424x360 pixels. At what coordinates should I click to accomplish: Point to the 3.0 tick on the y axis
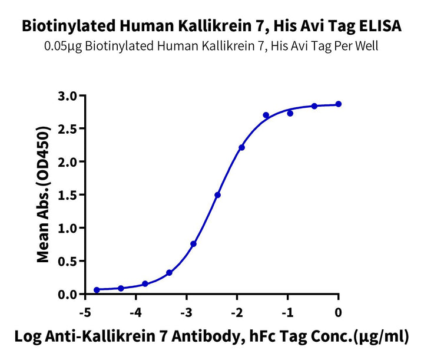[x=69, y=95]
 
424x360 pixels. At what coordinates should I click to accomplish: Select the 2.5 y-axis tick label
[x=69, y=128]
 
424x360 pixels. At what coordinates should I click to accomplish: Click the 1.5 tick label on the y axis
[x=69, y=194]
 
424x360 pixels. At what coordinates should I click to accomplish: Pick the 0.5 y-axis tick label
[x=69, y=261]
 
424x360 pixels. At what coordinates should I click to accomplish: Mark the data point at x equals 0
[x=339, y=104]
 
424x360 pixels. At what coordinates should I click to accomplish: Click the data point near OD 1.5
[x=218, y=195]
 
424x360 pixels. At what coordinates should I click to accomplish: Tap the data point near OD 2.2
[x=242, y=147]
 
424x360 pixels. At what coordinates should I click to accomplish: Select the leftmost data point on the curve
[x=97, y=290]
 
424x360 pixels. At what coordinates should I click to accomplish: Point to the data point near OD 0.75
[x=194, y=243]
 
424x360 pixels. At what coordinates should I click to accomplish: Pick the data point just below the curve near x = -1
[x=290, y=113]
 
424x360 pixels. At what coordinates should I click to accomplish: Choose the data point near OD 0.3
[x=170, y=273]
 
